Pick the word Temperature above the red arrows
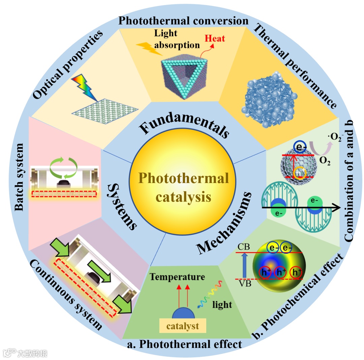tap(177, 277)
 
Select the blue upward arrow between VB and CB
tap(245, 265)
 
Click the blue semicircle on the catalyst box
tap(183, 313)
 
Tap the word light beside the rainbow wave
tap(222, 305)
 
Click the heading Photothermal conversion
tap(183, 21)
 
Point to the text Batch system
tap(19, 177)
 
